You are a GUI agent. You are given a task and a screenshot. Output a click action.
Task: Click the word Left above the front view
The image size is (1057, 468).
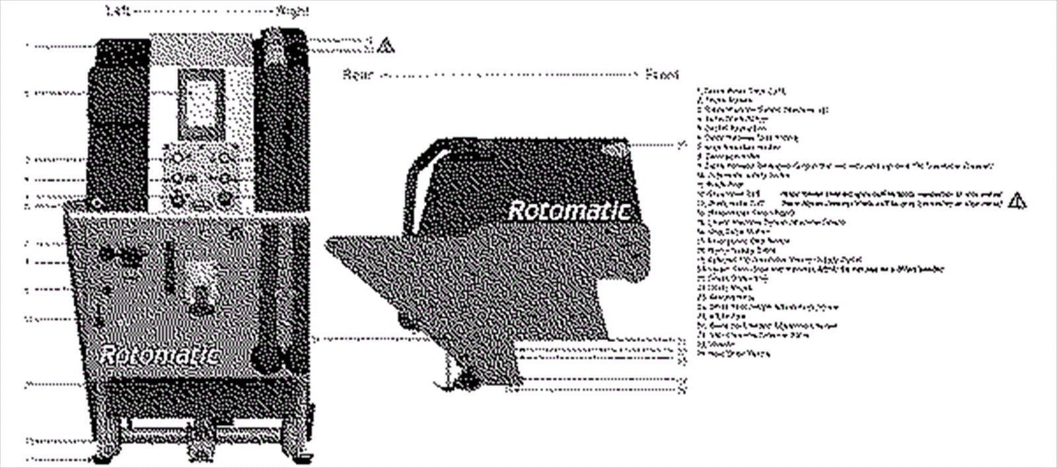(x=114, y=11)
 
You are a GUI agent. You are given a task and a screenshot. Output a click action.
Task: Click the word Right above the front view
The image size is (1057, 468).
(x=291, y=11)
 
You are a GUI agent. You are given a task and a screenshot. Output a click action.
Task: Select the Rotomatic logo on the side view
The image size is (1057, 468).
(x=568, y=211)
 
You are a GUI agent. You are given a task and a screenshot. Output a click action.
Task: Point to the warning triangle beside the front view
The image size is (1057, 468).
(x=385, y=46)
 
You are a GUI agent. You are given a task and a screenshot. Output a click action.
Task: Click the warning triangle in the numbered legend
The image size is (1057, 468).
(x=1017, y=200)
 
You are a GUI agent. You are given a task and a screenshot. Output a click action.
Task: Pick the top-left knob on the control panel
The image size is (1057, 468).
(x=176, y=159)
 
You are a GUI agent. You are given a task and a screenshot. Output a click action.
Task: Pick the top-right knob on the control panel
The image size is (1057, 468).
(x=226, y=159)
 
